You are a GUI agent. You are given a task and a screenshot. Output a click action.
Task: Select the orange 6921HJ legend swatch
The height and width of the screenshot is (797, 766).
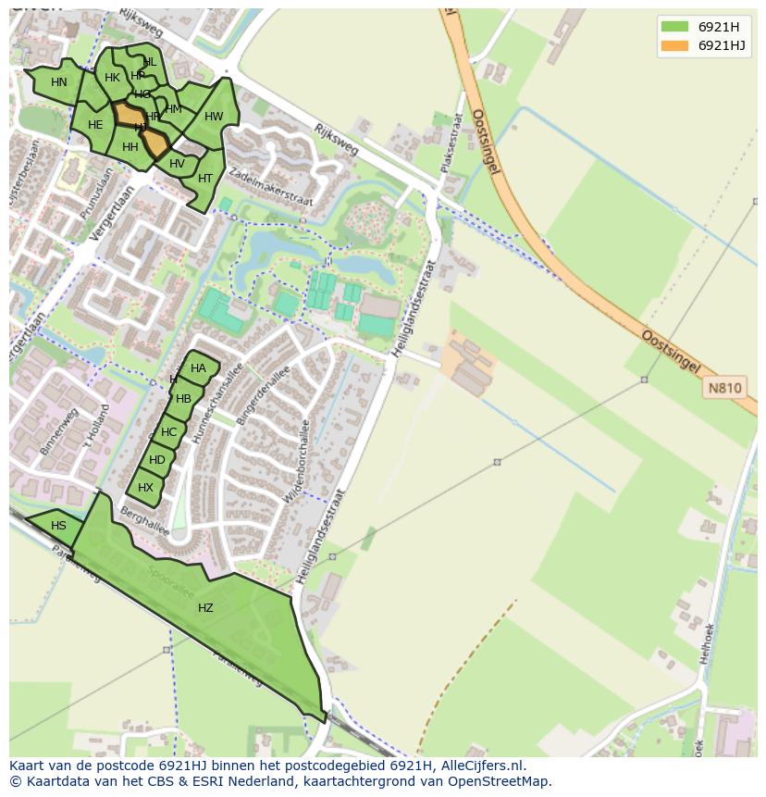pyautogui.click(x=674, y=45)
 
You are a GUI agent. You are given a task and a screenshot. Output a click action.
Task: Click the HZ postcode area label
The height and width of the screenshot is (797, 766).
pyautogui.click(x=205, y=608)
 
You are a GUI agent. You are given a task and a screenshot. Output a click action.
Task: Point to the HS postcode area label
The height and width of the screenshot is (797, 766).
pyautogui.click(x=58, y=526)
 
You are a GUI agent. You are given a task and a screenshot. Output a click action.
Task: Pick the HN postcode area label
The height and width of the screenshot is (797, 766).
pyautogui.click(x=59, y=82)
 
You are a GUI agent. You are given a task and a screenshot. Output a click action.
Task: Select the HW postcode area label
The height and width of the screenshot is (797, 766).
pyautogui.click(x=214, y=117)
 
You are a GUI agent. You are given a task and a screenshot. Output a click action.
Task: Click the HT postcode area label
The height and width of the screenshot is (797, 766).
pyautogui.click(x=205, y=179)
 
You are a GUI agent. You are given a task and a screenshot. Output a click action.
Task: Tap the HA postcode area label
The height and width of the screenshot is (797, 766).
pyautogui.click(x=198, y=368)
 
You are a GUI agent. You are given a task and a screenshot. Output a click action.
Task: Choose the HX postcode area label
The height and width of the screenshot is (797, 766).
pyautogui.click(x=145, y=488)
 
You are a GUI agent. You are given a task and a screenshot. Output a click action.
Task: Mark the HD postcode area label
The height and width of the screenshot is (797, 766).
pyautogui.click(x=157, y=460)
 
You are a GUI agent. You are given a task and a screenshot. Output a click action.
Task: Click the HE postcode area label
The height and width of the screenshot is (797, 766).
pyautogui.click(x=95, y=125)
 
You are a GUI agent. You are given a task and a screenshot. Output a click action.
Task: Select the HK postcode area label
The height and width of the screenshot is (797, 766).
pyautogui.click(x=112, y=78)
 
